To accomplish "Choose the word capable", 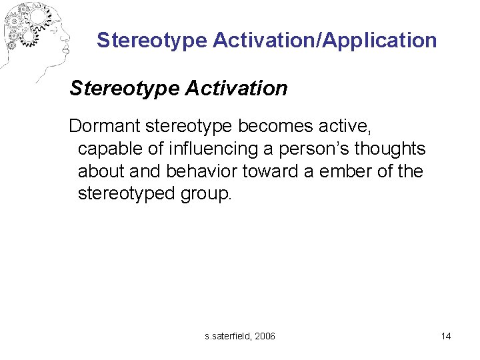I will click(108, 149).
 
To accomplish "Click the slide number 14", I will click(445, 335).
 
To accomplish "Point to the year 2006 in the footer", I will click(265, 335).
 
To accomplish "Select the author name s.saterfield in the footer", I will click(227, 335).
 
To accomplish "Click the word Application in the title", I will click(380, 41).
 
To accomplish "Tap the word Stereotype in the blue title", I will click(152, 41).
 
